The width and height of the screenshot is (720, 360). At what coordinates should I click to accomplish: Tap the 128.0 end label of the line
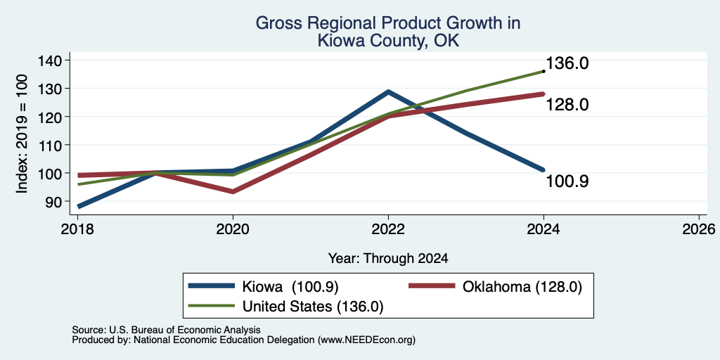[567, 105]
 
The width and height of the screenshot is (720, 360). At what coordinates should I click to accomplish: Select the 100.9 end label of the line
[567, 181]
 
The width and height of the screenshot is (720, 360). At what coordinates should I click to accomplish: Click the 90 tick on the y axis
[53, 201]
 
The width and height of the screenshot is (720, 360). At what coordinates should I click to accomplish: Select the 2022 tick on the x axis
[388, 229]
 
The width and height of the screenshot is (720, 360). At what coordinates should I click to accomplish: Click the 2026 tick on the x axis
[699, 229]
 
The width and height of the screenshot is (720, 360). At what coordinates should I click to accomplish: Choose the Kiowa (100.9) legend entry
[264, 287]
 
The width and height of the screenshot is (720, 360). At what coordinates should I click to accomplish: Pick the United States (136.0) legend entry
[286, 306]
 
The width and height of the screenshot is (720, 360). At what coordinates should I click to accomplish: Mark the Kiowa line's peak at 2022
[388, 91]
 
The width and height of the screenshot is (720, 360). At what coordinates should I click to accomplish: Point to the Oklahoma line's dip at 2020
[233, 191]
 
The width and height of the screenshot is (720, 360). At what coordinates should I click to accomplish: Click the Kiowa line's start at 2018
[79, 207]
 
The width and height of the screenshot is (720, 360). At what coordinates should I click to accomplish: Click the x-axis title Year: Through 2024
[388, 259]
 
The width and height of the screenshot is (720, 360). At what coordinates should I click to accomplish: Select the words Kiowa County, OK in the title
[388, 41]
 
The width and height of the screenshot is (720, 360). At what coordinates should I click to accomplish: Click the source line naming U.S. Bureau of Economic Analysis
[166, 330]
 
